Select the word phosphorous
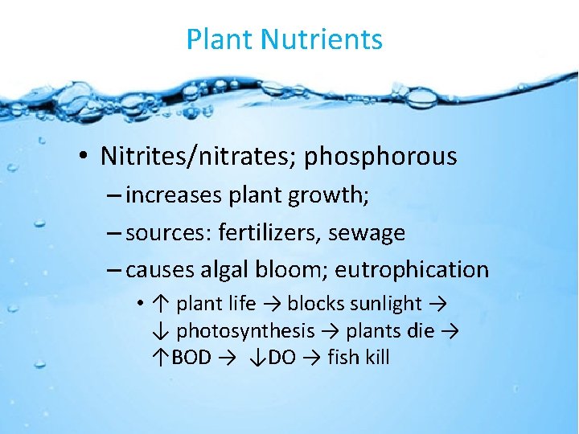click(380, 156)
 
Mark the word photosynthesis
click(245, 331)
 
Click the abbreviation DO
click(281, 358)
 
